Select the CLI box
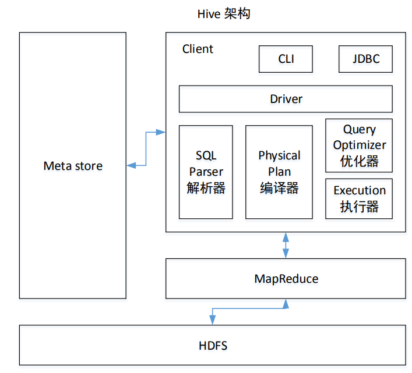(286, 59)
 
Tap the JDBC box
(365, 59)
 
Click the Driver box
(286, 99)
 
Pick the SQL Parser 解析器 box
(206, 172)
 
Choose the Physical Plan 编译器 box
(279, 172)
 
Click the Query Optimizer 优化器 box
(359, 145)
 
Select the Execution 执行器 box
(359, 198)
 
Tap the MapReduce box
(286, 279)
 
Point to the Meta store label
(73, 166)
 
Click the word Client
(198, 49)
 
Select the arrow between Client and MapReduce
(286, 245)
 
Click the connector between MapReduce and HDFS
(248, 308)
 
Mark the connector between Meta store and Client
(146, 149)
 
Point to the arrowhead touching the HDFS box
(213, 320)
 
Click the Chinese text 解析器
(206, 188)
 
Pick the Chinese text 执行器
(359, 207)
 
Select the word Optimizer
(359, 145)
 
